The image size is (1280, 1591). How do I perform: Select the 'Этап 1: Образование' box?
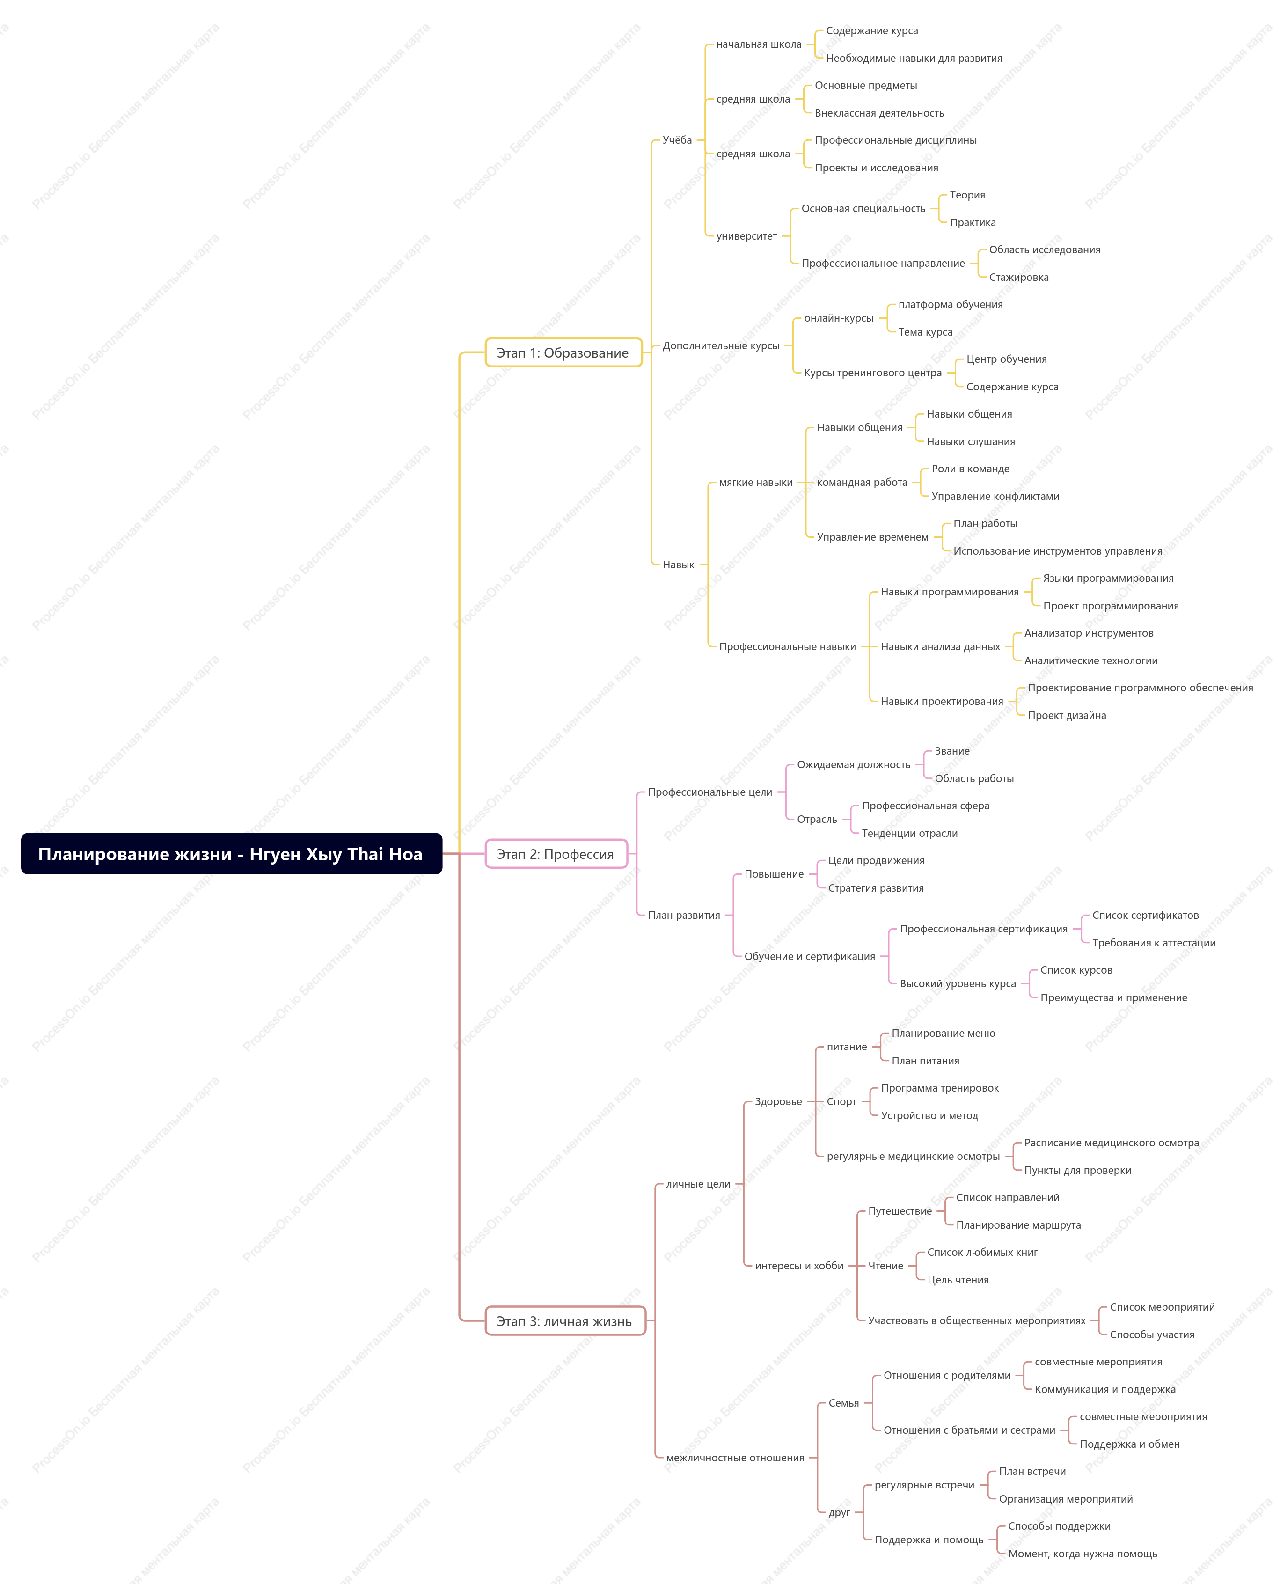click(563, 353)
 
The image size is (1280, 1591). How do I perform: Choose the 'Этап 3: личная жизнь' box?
click(564, 1321)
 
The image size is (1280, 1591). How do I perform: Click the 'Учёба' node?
click(677, 140)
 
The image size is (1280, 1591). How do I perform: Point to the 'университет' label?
click(746, 236)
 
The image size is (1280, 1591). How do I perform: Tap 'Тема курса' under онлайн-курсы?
click(925, 332)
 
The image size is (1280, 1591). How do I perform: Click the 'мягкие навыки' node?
click(755, 483)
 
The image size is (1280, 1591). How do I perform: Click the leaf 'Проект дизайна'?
click(1066, 715)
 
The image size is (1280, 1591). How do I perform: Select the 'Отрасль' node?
click(817, 819)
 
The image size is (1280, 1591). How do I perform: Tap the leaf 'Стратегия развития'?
click(875, 888)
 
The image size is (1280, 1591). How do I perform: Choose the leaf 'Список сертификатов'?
click(1145, 915)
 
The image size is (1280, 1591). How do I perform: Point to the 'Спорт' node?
click(841, 1102)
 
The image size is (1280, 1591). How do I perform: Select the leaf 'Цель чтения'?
click(958, 1280)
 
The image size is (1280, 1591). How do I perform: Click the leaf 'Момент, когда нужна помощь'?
click(1083, 1554)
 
